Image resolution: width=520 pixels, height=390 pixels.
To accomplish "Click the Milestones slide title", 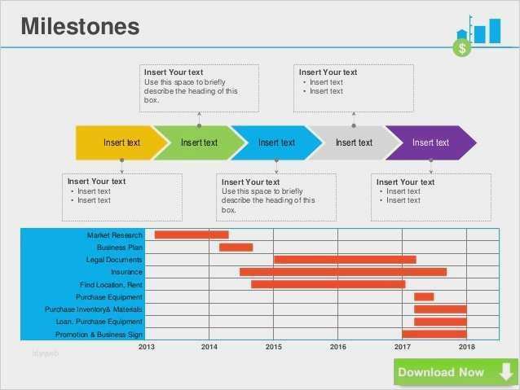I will (80, 26).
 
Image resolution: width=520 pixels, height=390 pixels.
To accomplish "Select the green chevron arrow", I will (199, 142).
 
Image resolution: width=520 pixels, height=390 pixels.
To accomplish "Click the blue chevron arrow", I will (275, 142).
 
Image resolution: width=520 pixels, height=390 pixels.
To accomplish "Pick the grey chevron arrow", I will (353, 142).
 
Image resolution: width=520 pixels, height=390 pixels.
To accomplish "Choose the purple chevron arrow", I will (430, 142).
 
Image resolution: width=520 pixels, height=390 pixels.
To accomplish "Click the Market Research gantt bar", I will (192, 235).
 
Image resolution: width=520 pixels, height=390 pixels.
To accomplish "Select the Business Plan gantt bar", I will (236, 248).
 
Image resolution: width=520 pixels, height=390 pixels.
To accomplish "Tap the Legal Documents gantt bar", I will (345, 260).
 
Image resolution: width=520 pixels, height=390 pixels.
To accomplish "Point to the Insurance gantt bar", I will (342, 272).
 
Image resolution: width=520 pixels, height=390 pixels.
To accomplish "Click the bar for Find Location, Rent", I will (328, 284).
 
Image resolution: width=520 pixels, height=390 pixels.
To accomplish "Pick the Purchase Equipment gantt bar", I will (424, 296).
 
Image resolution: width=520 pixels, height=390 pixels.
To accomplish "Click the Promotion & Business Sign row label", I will (99, 335).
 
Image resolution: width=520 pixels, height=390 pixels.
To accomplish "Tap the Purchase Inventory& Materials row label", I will (94, 309).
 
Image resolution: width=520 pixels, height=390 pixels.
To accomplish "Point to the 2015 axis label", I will (273, 347).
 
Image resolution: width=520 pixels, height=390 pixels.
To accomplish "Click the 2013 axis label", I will (146, 347).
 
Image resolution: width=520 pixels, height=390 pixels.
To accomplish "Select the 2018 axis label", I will (467, 347).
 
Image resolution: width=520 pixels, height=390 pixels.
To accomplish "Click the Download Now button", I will (454, 372).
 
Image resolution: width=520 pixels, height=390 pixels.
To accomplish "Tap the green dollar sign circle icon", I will (462, 48).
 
